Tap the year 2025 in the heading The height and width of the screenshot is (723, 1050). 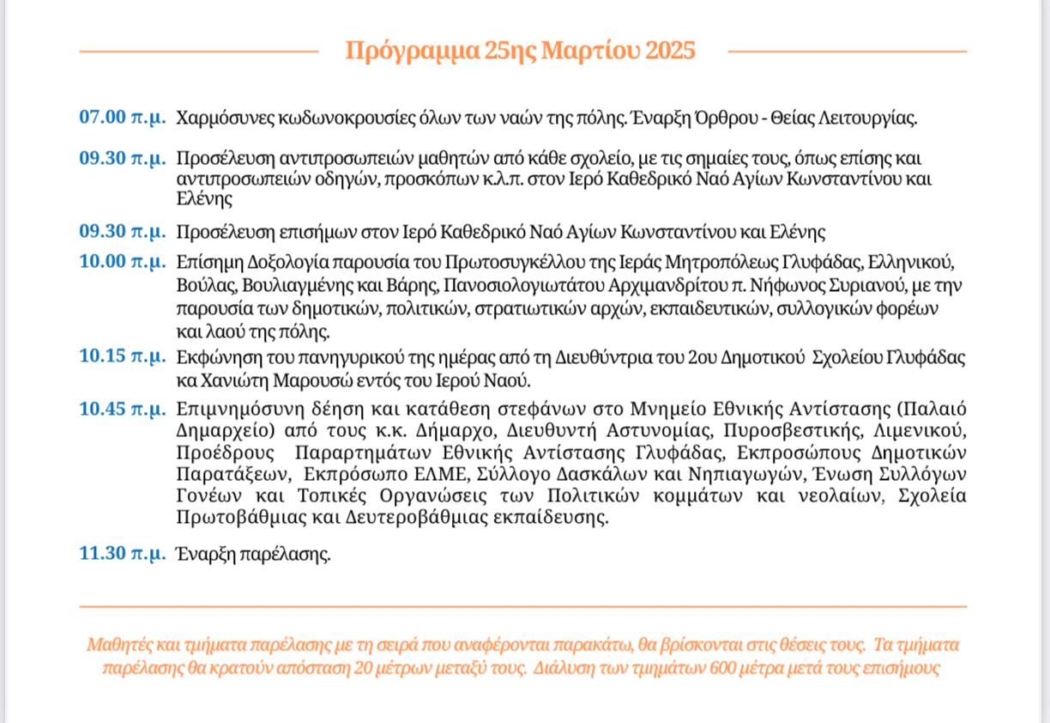point(669,51)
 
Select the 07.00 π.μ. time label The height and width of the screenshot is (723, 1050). point(123,118)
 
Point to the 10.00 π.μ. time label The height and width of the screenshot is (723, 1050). point(123,262)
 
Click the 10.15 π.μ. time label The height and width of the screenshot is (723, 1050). point(123,356)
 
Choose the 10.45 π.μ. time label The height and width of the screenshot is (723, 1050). point(123,408)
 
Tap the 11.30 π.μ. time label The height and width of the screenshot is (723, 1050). point(123,554)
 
